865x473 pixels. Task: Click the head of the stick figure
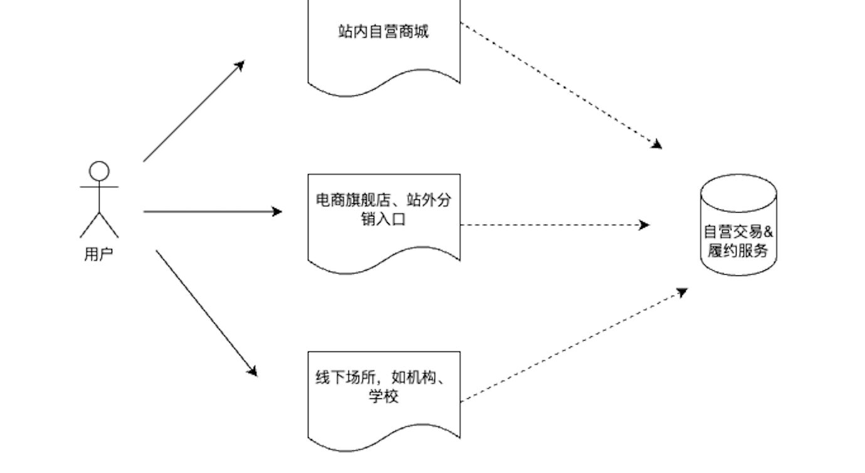point(99,171)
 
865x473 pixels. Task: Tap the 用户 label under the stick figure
point(99,255)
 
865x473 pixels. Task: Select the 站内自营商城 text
point(384,31)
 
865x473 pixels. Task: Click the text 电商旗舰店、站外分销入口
point(384,210)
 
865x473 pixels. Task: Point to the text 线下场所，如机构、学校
point(384,387)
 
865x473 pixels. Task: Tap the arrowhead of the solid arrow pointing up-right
point(240,64)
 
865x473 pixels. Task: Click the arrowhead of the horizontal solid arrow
point(277,212)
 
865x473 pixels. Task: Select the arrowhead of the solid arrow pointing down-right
point(253,371)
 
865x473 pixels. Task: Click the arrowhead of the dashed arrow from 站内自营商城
point(657,145)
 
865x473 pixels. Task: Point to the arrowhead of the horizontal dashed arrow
point(644,225)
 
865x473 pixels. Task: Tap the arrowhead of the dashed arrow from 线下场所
point(683,291)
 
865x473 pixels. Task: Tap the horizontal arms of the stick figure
point(99,187)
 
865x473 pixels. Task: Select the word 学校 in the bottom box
point(384,396)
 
